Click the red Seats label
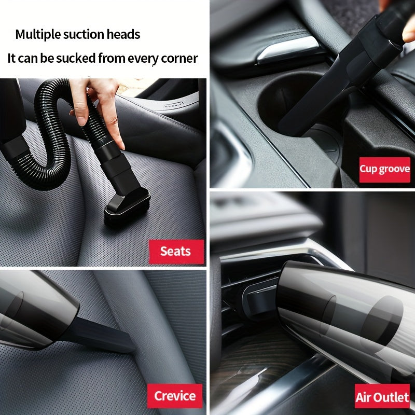pyautogui.click(x=175, y=252)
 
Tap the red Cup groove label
pyautogui.click(x=385, y=169)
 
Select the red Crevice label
pyautogui.click(x=174, y=396)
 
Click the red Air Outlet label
pyautogui.click(x=382, y=397)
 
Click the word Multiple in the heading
pyautogui.click(x=37, y=35)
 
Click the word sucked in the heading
pyautogui.click(x=76, y=58)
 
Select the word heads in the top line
pyautogui.click(x=125, y=35)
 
